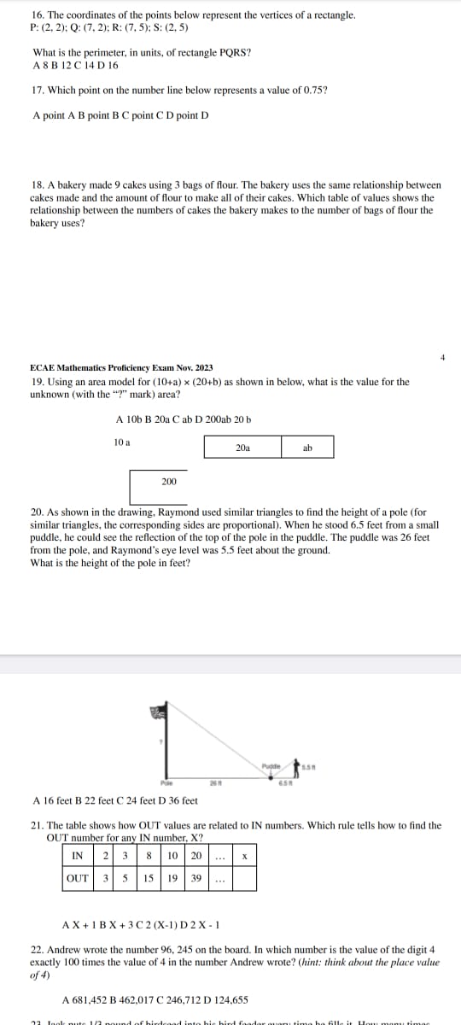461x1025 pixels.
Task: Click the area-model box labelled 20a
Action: (x=242, y=447)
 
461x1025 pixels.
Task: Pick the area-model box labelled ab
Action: (x=308, y=447)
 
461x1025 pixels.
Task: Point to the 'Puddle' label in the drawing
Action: (x=271, y=764)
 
